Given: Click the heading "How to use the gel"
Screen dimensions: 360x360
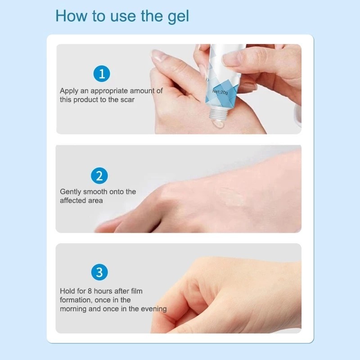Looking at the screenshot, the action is click(x=122, y=16).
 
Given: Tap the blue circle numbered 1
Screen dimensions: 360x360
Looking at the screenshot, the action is click(x=102, y=74).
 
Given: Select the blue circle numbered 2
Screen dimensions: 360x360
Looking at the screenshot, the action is click(x=99, y=175).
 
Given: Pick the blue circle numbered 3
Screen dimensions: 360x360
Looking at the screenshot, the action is click(x=99, y=272).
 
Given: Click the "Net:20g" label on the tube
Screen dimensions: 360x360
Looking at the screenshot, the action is click(x=220, y=92).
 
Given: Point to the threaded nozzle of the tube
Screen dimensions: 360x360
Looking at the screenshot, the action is click(x=219, y=114).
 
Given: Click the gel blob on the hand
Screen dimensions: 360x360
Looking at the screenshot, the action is click(x=218, y=125).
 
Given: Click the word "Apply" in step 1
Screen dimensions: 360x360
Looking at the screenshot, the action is click(x=69, y=91).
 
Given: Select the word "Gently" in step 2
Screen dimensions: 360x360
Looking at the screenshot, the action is click(x=71, y=192).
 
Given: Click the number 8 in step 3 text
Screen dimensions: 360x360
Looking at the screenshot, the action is click(x=90, y=291).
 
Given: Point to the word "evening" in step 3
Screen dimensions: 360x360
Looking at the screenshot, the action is click(x=154, y=309).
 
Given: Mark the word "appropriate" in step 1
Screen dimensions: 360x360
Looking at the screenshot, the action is click(x=109, y=91).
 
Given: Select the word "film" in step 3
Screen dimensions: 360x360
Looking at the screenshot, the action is click(x=137, y=291).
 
